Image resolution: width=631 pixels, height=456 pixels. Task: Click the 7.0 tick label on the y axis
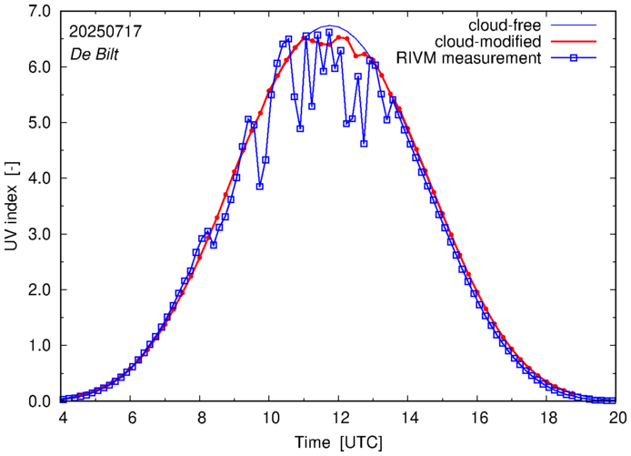pyautogui.click(x=39, y=12)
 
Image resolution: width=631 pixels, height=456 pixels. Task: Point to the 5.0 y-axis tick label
pyautogui.click(x=39, y=123)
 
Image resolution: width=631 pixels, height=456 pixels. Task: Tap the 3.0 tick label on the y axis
pyautogui.click(x=39, y=234)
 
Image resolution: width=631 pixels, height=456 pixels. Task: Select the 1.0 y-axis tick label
pyautogui.click(x=39, y=346)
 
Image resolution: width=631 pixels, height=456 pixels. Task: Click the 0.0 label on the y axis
pyautogui.click(x=39, y=401)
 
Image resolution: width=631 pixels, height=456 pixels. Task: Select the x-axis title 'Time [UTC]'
pyautogui.click(x=339, y=442)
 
